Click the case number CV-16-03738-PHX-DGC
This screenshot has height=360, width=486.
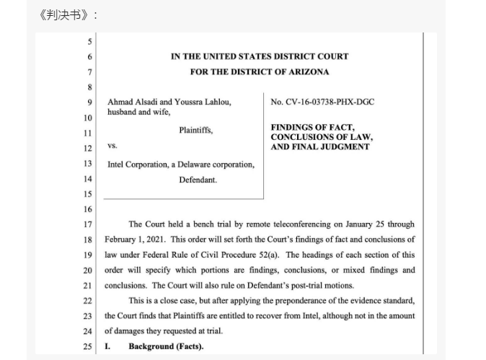coord(322,102)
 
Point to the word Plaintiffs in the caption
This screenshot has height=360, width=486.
coord(195,131)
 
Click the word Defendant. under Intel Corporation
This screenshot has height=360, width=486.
coord(198,179)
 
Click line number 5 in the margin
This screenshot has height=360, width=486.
coord(89,42)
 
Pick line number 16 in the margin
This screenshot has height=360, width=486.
coord(88,208)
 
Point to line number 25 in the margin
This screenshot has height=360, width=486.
coord(88,347)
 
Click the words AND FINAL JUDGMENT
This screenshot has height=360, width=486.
coord(320,146)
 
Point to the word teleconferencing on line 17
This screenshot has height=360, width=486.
coord(291,224)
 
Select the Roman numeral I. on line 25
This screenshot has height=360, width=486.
coord(107,347)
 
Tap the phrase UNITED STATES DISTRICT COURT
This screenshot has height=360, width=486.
coord(277,56)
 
